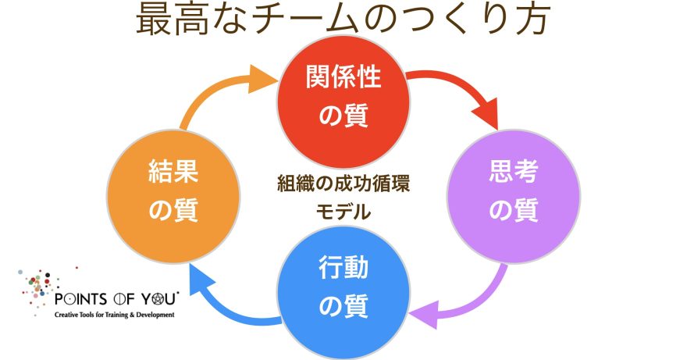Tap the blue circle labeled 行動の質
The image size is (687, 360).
pos(344,290)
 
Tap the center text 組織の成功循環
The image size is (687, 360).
pos(343,184)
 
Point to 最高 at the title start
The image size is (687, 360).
pos(164,20)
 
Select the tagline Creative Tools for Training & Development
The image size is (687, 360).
pos(114,314)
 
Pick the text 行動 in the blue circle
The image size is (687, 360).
pos(344,270)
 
